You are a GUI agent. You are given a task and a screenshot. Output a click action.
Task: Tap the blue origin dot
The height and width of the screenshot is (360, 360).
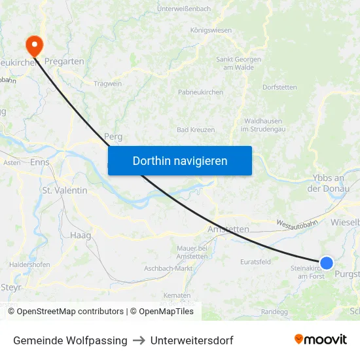point(326,263)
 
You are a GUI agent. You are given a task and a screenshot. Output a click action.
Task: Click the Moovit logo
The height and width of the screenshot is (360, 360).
point(321,340)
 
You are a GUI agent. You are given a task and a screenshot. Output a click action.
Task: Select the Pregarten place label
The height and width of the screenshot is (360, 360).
point(64,61)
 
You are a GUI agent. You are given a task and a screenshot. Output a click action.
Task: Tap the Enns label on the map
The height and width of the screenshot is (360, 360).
point(39,162)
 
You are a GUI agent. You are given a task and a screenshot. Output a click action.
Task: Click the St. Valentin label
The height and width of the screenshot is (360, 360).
point(64,190)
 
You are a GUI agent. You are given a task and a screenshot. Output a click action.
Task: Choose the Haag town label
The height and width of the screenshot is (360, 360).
point(80,234)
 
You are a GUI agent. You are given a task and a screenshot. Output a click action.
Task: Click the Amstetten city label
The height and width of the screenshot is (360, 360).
point(228,229)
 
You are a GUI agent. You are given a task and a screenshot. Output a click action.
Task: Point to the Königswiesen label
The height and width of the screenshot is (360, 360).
point(211,30)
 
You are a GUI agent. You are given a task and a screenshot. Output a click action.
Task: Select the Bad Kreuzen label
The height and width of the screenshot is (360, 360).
point(196,130)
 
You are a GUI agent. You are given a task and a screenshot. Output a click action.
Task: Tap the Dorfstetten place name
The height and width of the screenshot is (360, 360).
point(279,87)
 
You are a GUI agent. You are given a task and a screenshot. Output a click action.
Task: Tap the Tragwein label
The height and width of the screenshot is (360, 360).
point(107,84)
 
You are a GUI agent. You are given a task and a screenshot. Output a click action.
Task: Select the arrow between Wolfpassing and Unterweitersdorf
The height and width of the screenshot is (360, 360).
point(139,340)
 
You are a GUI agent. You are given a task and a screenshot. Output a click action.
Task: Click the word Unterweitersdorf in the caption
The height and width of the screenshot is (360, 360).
point(192,340)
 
